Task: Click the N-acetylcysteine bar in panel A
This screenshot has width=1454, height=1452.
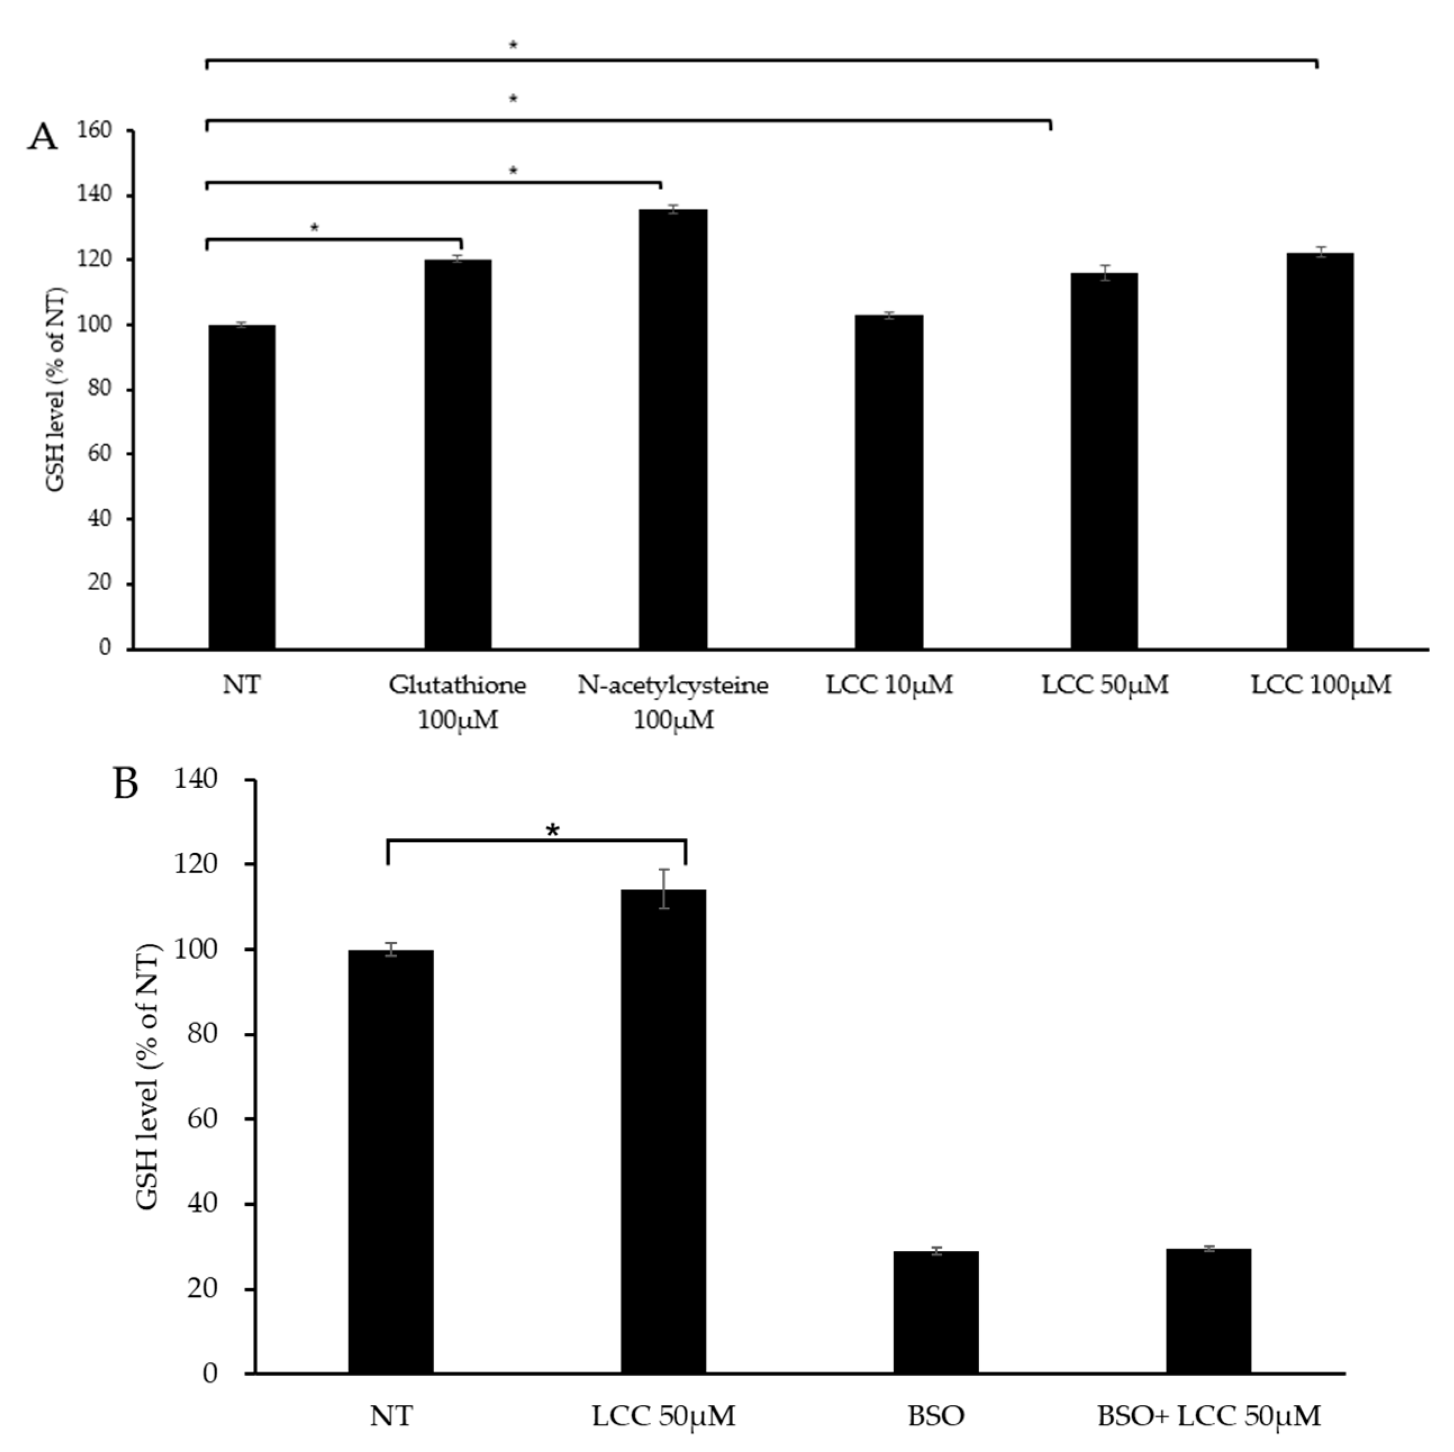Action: (x=673, y=429)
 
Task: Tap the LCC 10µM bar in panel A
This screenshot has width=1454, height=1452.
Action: (x=889, y=482)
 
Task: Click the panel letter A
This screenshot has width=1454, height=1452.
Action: (x=42, y=138)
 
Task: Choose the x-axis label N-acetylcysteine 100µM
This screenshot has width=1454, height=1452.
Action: (x=673, y=702)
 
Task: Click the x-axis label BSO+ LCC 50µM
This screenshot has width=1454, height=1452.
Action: (x=1208, y=1416)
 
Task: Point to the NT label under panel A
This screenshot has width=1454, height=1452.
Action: (x=242, y=685)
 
